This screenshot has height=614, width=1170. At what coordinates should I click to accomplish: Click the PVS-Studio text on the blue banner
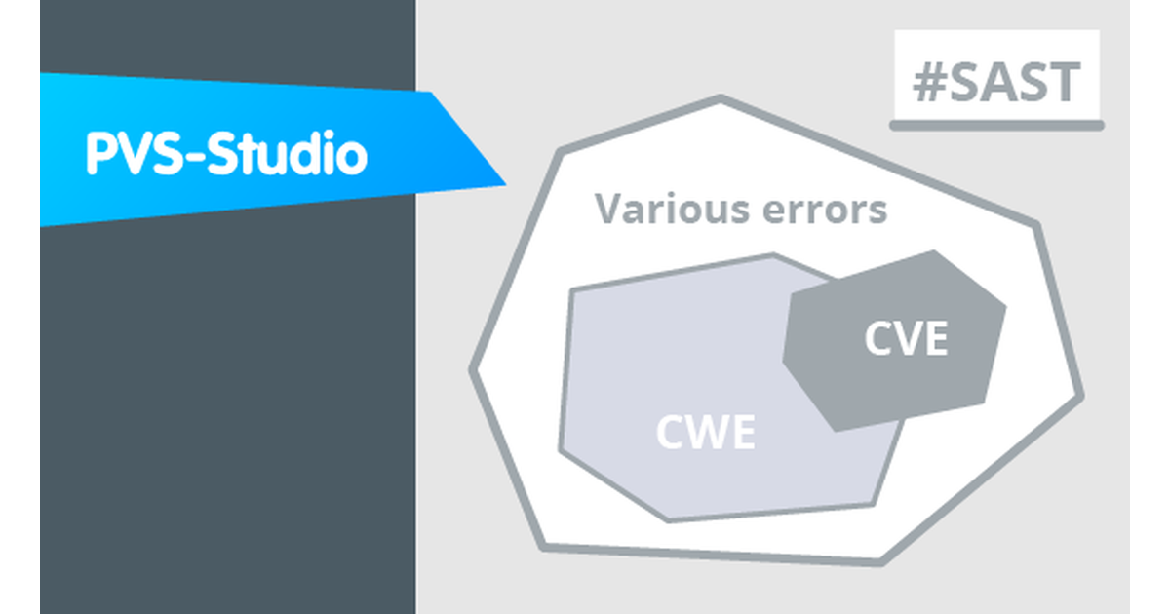point(226,154)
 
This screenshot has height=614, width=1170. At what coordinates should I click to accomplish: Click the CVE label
point(906,339)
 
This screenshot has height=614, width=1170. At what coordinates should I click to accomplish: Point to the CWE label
point(705,432)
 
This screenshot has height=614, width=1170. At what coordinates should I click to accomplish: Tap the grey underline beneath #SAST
point(996,125)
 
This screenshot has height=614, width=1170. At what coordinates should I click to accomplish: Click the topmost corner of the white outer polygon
point(721,98)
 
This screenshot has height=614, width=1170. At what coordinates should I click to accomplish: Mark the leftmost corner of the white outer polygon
point(473,370)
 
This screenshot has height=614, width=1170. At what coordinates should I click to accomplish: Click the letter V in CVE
point(906,339)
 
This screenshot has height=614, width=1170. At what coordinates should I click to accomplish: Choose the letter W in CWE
point(704,432)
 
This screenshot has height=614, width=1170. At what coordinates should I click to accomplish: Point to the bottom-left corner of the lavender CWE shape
point(562,450)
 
